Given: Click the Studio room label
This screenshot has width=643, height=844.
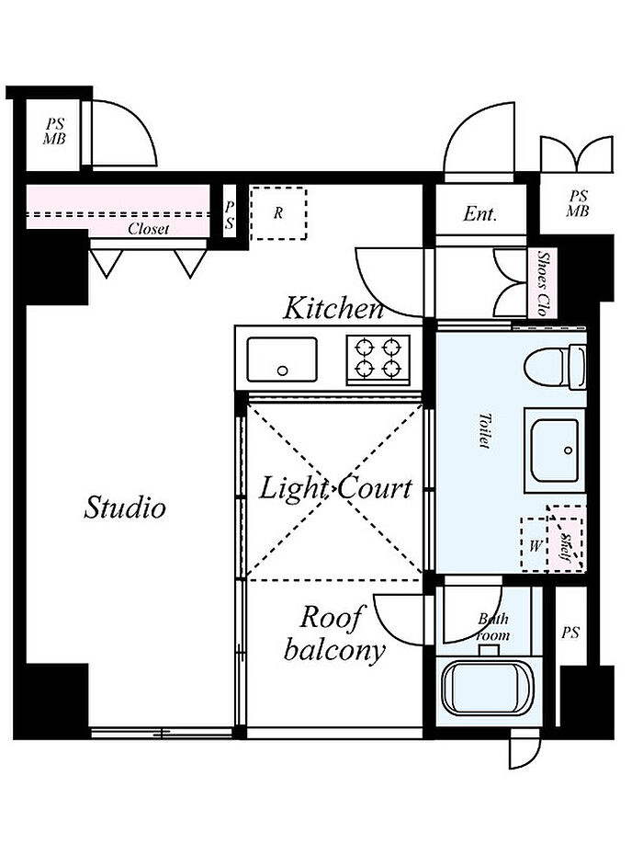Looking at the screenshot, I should click(125, 507).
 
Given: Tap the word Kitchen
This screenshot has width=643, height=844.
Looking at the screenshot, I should click(333, 308).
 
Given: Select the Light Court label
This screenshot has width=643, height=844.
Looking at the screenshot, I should click(335, 488).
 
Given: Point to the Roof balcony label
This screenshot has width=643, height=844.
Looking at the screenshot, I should click(333, 633).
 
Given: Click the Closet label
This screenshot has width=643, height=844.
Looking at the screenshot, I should click(148, 229).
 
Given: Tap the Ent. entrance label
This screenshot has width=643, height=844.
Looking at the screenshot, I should click(479, 214).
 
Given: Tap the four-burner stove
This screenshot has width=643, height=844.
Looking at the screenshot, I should click(378, 359).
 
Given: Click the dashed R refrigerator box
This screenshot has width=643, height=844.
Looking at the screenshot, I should click(278, 212).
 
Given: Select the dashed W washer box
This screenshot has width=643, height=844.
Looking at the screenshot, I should click(534, 545).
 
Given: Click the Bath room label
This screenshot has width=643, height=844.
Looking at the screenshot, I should click(492, 627).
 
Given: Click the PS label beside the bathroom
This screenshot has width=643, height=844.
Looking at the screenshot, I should click(570, 633).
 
